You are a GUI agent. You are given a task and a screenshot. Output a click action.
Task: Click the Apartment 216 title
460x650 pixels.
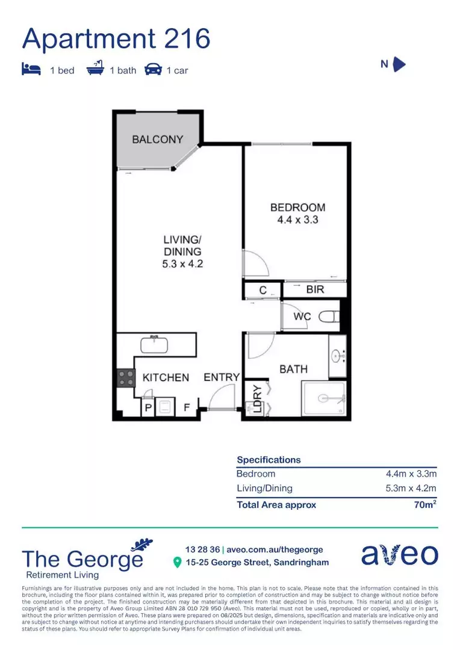tap(116, 39)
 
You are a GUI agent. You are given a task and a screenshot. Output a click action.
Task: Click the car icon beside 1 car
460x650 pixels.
tap(154, 70)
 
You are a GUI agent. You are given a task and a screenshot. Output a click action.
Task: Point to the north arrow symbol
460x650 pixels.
tap(399, 64)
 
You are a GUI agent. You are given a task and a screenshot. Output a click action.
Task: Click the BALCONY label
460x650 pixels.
tap(157, 139)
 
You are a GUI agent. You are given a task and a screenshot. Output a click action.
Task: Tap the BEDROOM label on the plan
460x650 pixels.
tap(297, 208)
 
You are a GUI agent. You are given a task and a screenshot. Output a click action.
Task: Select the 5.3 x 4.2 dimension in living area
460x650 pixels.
tap(182, 264)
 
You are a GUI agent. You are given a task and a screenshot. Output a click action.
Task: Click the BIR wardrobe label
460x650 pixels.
tap(315, 289)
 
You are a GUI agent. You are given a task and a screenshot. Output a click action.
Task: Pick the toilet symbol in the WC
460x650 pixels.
tap(329, 317)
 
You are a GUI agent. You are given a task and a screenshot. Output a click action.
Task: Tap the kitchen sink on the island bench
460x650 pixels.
tap(158, 345)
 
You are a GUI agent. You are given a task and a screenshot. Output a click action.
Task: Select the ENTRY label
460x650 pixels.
tap(222, 377)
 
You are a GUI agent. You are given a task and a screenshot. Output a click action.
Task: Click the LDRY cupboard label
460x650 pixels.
tap(257, 398)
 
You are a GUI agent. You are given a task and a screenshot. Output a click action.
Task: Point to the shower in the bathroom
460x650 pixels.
tap(324, 398)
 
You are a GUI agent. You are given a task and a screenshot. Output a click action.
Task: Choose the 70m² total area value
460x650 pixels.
tap(424, 505)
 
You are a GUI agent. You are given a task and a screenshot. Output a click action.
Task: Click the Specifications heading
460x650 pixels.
tap(269, 460)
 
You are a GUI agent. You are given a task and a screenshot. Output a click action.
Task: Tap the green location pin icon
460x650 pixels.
tap(177, 562)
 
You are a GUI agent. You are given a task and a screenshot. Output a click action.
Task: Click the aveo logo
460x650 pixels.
tap(399, 555)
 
